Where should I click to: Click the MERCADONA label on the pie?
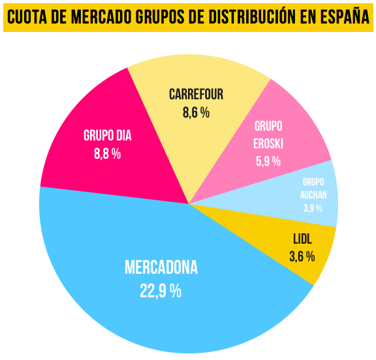(x=161, y=269)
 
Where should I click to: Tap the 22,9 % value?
(x=161, y=291)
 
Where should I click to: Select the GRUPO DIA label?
(x=108, y=136)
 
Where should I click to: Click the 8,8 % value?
(x=108, y=154)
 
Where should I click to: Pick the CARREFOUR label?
(x=196, y=94)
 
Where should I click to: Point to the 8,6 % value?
(x=196, y=112)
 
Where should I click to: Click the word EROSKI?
(x=268, y=143)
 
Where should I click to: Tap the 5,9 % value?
(x=268, y=161)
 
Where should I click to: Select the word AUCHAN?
(x=313, y=195)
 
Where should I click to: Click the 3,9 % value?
(x=313, y=208)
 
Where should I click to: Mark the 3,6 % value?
(x=302, y=257)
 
